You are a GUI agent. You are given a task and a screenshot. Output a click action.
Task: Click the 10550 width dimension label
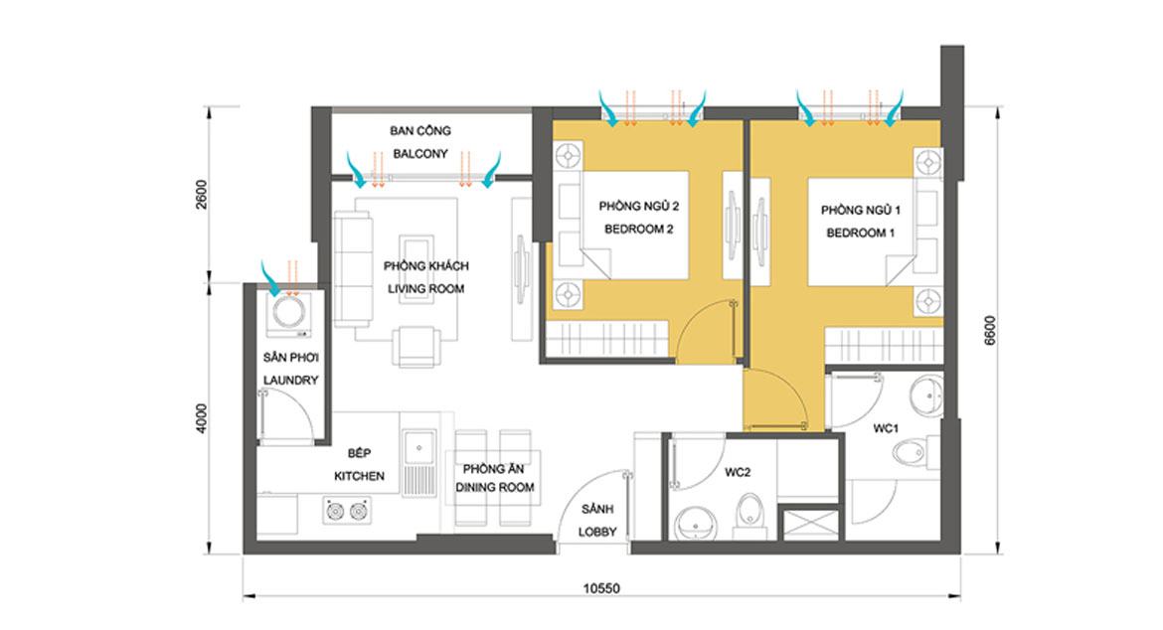(x=600, y=588)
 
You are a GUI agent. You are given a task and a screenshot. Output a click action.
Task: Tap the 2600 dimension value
(x=202, y=194)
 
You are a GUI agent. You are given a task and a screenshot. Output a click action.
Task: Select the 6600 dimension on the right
(x=990, y=331)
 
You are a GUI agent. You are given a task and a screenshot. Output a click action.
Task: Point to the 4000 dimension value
(x=202, y=418)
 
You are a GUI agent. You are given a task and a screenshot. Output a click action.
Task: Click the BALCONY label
(x=420, y=154)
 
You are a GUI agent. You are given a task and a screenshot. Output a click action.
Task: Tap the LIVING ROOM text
(x=425, y=289)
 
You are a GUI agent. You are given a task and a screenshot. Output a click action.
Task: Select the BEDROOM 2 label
(x=638, y=229)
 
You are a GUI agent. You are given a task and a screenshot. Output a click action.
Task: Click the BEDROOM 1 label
(x=861, y=233)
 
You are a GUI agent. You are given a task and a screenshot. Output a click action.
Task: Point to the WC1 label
(x=886, y=428)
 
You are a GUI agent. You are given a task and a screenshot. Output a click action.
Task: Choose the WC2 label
(x=738, y=472)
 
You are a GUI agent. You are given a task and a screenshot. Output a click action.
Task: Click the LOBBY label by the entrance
(x=597, y=533)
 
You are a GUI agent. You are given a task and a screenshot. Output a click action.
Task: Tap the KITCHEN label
(x=359, y=476)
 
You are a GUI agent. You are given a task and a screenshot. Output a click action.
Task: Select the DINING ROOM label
(x=495, y=488)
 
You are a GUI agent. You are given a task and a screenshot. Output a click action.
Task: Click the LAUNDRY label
(x=290, y=381)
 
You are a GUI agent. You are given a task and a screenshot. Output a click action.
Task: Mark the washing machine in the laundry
(x=289, y=314)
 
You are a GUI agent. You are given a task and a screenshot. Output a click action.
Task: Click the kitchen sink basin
(x=419, y=448)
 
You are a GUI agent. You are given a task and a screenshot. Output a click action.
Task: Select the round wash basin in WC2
(x=696, y=524)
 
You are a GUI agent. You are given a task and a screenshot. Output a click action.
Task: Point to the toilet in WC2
(x=749, y=515)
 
